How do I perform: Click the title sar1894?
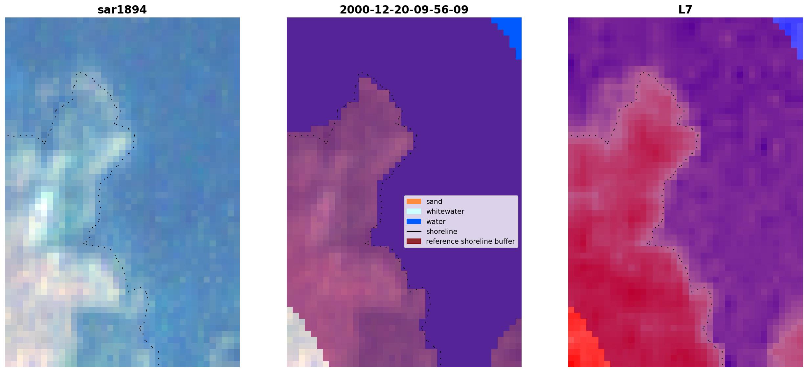pos(122,10)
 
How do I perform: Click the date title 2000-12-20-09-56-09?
pos(404,10)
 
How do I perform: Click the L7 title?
pos(685,10)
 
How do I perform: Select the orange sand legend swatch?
pos(414,201)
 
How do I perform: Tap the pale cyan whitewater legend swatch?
pos(414,211)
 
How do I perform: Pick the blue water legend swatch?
pos(414,221)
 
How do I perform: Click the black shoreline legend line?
pos(414,232)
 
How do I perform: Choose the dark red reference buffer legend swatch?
pos(414,241)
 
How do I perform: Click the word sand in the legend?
pos(434,202)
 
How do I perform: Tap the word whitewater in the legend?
pos(445,211)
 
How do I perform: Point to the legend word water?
pos(436,222)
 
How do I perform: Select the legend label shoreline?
pos(442,232)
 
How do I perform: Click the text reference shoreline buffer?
pos(470,241)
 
